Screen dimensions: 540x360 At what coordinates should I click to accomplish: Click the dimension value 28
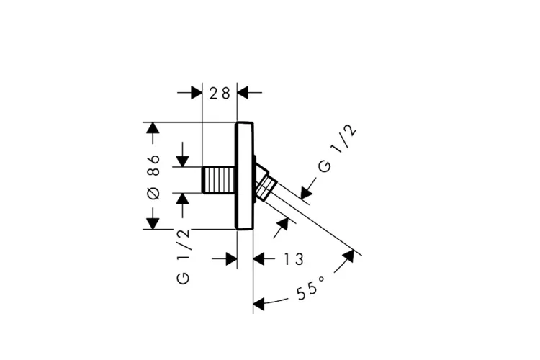220,93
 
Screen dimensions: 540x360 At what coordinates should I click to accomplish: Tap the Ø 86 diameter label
153,176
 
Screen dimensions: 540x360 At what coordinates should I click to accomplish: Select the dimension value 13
294,259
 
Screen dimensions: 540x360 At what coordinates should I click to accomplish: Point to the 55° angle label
310,288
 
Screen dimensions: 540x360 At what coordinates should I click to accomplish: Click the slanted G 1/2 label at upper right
337,148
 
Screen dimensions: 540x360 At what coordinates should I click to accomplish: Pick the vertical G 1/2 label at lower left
183,256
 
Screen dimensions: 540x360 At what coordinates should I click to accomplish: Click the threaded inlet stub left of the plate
220,180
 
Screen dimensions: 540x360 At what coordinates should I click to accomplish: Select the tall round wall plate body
245,176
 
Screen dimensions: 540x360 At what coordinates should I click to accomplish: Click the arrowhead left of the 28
197,93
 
